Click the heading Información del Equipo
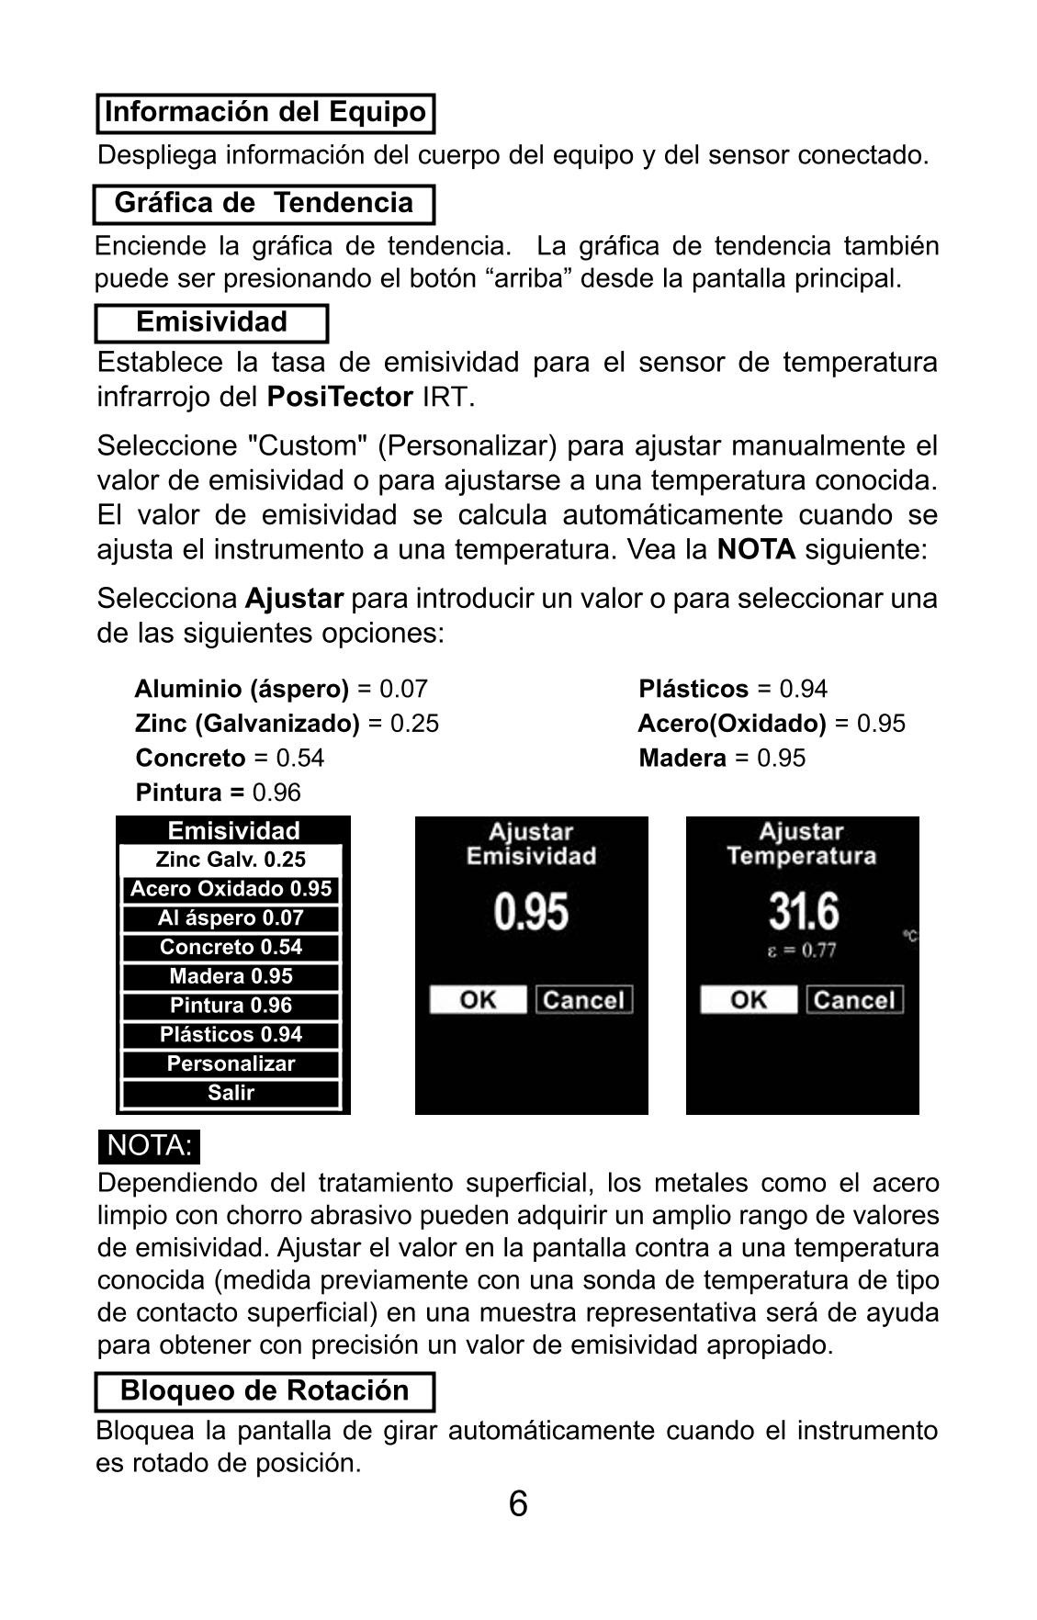(x=265, y=113)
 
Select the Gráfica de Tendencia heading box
(x=264, y=203)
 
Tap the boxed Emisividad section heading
(x=211, y=322)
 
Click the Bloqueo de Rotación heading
(x=265, y=1390)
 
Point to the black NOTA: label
(x=149, y=1146)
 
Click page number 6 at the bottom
(x=518, y=1504)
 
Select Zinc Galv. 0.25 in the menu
(x=231, y=860)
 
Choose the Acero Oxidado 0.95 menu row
(x=231, y=889)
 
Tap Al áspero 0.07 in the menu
(x=231, y=917)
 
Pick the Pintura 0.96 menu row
(x=231, y=1006)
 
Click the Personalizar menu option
(x=231, y=1063)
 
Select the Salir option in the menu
(x=231, y=1093)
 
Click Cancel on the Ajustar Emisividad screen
(x=584, y=1000)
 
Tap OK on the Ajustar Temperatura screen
(x=749, y=1000)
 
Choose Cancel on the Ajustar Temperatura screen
(x=854, y=1000)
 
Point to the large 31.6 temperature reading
(x=803, y=912)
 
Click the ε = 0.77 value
(x=802, y=951)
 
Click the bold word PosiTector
(x=340, y=398)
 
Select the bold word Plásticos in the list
(x=693, y=689)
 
